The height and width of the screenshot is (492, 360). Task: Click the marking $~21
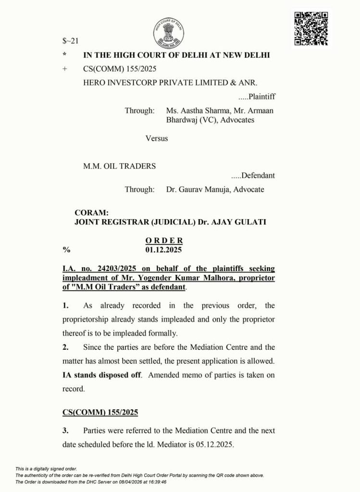tap(71, 41)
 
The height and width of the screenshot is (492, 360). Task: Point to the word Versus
tap(157, 138)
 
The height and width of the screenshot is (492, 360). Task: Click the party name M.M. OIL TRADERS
tap(120, 166)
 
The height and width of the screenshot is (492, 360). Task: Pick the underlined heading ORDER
tap(164, 241)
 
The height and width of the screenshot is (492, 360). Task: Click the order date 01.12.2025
tap(164, 250)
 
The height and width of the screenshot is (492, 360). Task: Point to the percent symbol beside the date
tap(66, 250)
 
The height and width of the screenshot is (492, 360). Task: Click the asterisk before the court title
tap(64, 55)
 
